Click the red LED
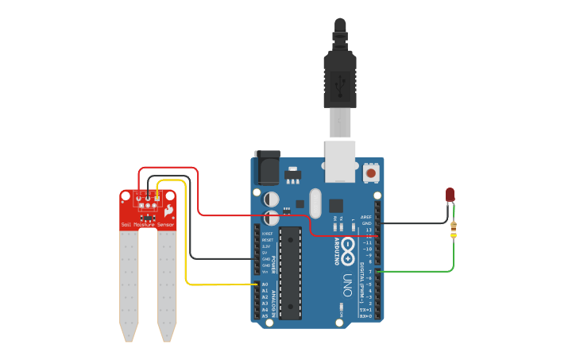click(450, 195)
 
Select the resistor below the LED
click(454, 230)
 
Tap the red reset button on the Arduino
click(371, 172)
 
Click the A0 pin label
click(265, 285)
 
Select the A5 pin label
click(265, 315)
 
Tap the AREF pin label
click(365, 216)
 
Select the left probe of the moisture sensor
click(129, 286)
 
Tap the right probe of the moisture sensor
click(167, 286)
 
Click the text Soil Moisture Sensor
click(148, 225)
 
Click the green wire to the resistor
click(421, 272)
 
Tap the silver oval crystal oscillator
click(315, 203)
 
